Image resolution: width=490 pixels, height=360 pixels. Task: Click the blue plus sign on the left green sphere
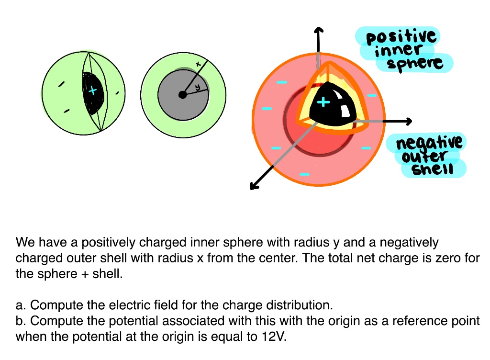point(93,90)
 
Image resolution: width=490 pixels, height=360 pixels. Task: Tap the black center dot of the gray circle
point(182,95)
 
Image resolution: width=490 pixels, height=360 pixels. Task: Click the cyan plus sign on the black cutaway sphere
point(324,101)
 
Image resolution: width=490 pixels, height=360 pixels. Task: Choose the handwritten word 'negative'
point(429,142)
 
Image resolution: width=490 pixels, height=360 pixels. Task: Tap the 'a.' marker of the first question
point(21,305)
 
